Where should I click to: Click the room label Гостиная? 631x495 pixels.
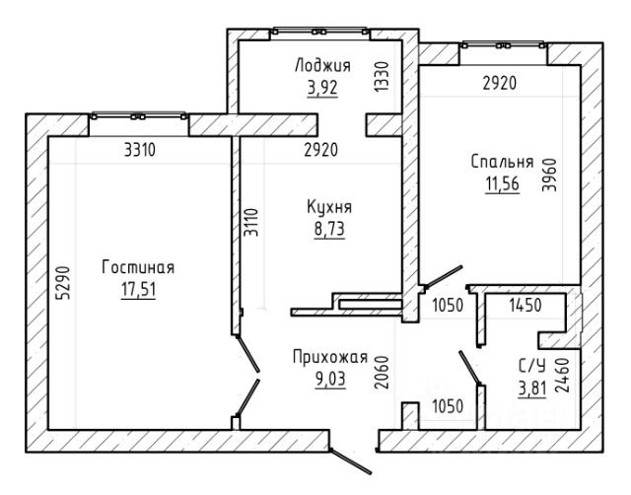(138, 267)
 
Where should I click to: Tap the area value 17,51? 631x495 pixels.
(138, 289)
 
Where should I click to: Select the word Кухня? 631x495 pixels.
(329, 207)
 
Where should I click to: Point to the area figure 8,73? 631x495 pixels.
(329, 229)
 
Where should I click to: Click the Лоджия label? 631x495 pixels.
(322, 65)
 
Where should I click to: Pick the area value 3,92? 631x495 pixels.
(322, 88)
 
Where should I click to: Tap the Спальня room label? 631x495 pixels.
(502, 162)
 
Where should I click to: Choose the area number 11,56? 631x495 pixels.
(502, 184)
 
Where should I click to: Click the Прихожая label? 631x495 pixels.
(330, 357)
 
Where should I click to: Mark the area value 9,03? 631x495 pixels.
(330, 379)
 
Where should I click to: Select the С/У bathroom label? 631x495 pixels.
(532, 366)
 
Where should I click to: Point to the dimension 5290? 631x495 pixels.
(64, 283)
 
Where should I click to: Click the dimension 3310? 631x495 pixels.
(140, 150)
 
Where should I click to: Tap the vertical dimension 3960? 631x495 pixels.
(549, 176)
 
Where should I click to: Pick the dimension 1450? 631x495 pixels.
(526, 306)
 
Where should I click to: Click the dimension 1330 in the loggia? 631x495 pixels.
(382, 76)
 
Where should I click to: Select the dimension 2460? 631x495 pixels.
(562, 375)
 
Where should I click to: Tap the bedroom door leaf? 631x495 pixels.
(442, 277)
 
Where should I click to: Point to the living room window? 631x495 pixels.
(139, 116)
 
